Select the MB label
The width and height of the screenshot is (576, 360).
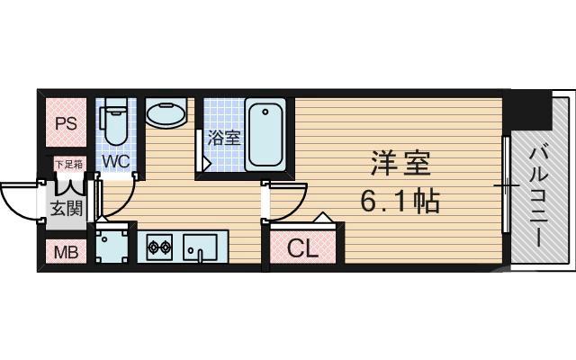pos(65,251)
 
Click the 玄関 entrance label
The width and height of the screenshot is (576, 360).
pos(65,209)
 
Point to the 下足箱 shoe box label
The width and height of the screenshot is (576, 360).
pos(68,165)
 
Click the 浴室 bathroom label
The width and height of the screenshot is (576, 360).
pos(223,138)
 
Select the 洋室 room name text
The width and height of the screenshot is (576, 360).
pos(400,164)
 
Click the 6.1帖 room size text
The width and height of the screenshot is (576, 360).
pos(400,201)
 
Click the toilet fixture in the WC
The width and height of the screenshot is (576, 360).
pos(114,126)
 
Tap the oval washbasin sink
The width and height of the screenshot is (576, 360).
pos(166,116)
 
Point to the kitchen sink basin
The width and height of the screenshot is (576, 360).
pos(200,245)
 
